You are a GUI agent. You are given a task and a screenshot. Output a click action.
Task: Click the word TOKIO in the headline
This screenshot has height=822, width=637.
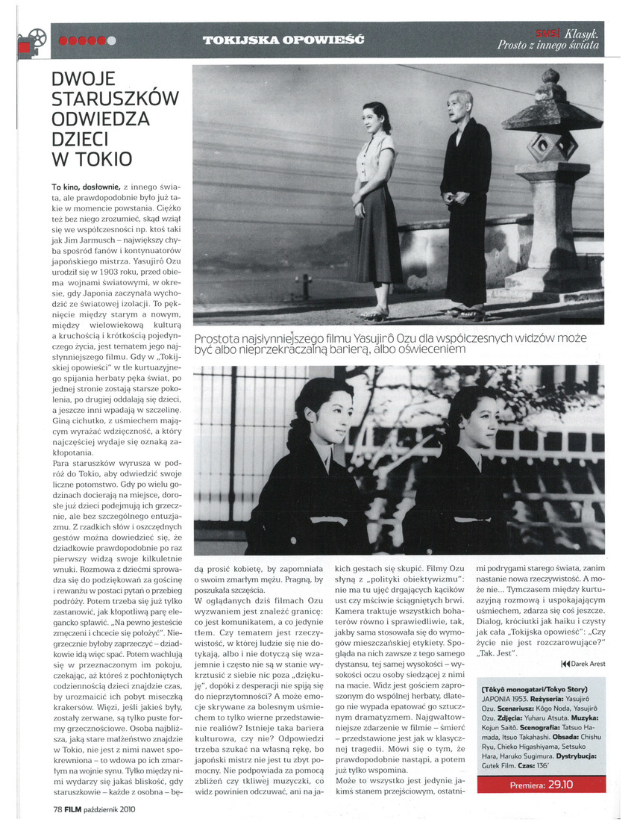[x=98, y=159]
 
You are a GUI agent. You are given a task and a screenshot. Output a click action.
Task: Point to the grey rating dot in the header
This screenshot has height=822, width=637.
[x=111, y=40]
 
